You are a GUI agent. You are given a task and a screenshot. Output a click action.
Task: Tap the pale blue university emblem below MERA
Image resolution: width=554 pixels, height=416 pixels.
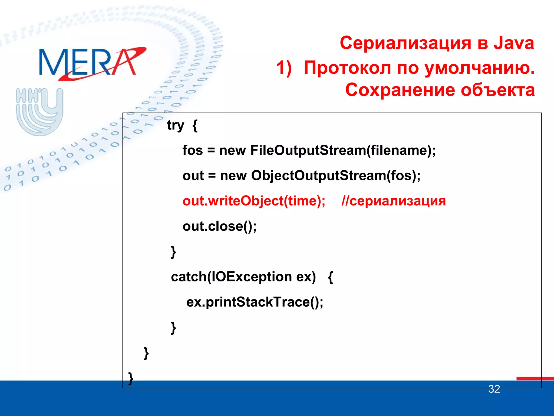click(39, 111)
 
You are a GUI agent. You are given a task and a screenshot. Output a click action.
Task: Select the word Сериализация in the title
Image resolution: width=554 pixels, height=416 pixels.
click(405, 43)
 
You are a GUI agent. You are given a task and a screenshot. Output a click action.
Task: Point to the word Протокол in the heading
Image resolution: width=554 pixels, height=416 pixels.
click(347, 68)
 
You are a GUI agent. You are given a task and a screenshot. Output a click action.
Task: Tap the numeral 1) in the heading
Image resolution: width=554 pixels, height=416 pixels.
click(284, 68)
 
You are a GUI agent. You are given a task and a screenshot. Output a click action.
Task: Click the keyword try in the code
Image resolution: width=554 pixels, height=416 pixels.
click(175, 126)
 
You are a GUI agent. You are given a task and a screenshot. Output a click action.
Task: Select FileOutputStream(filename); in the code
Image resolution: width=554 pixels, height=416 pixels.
click(343, 150)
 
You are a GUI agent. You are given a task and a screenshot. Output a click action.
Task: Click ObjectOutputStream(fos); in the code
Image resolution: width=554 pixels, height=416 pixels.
click(336, 175)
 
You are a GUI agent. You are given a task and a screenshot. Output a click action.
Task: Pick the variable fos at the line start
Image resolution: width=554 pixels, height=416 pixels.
click(192, 150)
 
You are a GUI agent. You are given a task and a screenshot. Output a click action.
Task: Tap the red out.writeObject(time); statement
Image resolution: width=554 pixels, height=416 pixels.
click(254, 201)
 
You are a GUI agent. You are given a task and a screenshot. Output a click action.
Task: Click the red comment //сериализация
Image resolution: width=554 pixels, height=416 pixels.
click(394, 201)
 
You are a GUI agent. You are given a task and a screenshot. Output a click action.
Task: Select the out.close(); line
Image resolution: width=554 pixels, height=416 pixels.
click(219, 226)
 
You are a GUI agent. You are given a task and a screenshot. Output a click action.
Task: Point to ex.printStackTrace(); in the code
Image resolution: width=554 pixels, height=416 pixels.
click(255, 302)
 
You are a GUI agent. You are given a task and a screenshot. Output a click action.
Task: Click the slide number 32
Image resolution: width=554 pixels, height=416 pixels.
click(494, 389)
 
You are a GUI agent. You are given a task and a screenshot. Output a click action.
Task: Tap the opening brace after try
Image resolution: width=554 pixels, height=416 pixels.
click(195, 126)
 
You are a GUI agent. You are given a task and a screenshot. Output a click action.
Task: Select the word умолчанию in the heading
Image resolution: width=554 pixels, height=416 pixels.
click(479, 68)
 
